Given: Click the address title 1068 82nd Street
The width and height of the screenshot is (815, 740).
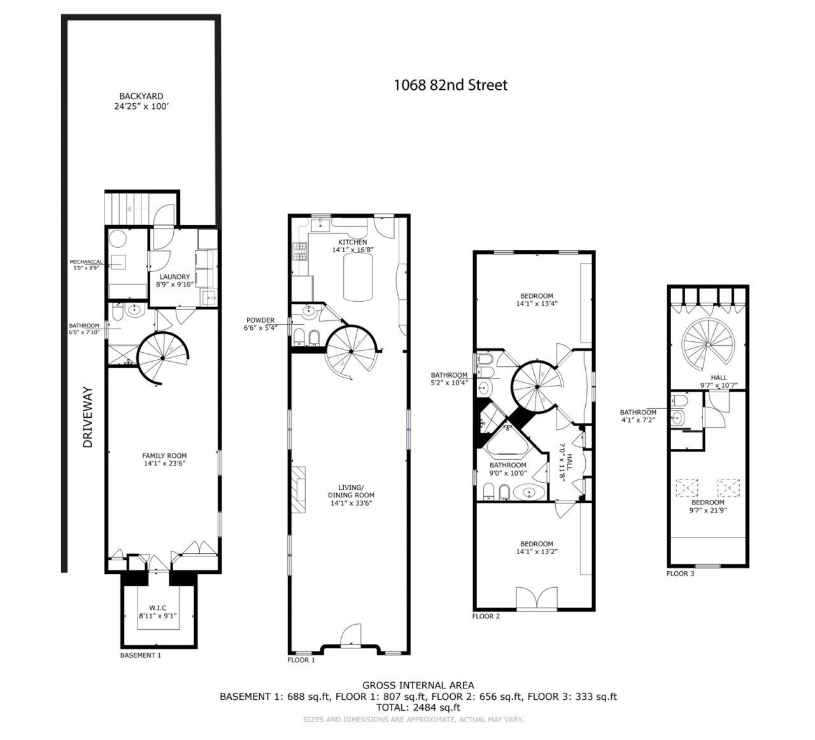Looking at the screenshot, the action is click(451, 85).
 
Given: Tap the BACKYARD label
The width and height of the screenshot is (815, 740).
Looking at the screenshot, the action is click(141, 96).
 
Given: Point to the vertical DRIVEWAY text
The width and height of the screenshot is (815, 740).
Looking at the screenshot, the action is click(88, 417).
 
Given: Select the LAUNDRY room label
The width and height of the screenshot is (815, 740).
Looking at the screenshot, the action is click(174, 277).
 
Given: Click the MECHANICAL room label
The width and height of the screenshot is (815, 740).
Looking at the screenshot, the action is click(86, 262).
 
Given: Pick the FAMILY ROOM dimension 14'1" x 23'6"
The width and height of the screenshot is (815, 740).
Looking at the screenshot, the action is click(164, 463).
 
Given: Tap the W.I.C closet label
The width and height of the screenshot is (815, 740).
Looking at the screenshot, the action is click(158, 608).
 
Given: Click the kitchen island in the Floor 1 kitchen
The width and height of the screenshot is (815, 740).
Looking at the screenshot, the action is click(358, 277).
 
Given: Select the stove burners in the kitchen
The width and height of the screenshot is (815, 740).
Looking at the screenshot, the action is click(300, 251).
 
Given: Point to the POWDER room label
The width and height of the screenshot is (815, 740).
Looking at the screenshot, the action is click(260, 320).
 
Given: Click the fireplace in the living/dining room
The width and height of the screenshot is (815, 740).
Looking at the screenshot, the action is click(298, 490).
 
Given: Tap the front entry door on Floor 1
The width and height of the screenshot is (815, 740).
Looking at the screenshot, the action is click(351, 635).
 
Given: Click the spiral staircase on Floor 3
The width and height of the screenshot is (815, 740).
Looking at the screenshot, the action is click(708, 345).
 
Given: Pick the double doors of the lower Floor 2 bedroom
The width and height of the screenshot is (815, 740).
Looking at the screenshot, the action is click(537, 598).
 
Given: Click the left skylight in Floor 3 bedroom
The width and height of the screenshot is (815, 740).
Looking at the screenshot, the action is click(686, 488).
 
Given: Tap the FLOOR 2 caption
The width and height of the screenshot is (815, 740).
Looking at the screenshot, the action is click(486, 616).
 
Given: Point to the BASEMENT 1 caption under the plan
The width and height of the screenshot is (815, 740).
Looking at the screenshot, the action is click(141, 655).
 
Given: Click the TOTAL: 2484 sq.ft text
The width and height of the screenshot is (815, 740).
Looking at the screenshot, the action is click(418, 707).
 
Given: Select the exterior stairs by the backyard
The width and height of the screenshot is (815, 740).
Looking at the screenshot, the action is click(127, 209).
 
